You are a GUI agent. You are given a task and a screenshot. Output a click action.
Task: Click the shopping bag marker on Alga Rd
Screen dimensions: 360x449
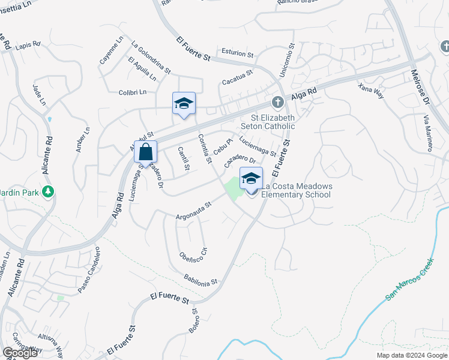pos(146,152)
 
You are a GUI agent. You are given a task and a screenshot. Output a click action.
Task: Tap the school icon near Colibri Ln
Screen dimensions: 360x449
pos(184,104)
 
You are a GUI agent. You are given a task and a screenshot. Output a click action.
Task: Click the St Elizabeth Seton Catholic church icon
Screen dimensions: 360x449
pos(277,101)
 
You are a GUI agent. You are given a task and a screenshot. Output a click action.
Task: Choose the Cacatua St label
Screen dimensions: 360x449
pos(237,77)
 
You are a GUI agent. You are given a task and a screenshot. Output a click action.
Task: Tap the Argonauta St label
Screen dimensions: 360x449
pos(194,211)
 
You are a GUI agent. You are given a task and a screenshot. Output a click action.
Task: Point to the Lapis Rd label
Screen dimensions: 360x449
pos(28,45)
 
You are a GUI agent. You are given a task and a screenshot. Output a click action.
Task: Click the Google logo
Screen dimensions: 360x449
pos(20,352)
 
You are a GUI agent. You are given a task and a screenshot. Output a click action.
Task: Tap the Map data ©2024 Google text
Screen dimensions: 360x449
pos(411,355)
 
